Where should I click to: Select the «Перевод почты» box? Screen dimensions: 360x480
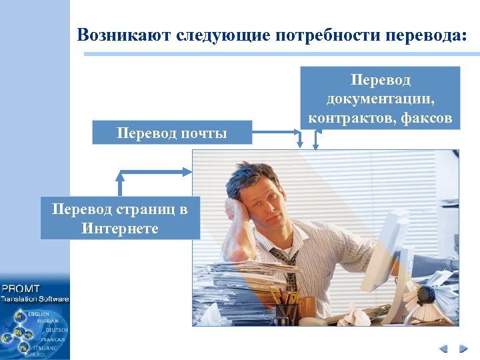pos(172,133)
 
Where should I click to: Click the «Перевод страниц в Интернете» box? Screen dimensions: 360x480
pos(120,218)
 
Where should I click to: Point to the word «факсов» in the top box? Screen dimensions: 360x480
pos(427,119)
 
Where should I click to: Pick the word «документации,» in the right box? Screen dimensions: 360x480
pos(380,99)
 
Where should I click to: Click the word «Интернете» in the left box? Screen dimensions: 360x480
pos(120,228)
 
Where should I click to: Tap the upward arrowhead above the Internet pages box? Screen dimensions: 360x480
pos(121,177)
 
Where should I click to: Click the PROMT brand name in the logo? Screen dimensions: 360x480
pos(21,289)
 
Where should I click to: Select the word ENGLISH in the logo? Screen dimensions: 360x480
pos(38,313)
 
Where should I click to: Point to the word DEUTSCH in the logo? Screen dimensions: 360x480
pos(56,330)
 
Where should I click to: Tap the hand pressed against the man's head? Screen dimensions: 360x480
pos(232,212)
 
